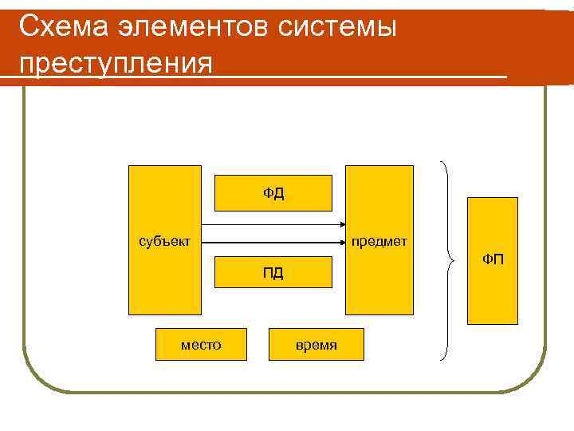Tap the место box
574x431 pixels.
[x=201, y=344]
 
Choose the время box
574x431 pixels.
[x=316, y=344]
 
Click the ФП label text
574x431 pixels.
[x=493, y=259]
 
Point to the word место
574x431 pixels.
[x=201, y=345]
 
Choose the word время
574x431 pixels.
[x=316, y=345]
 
